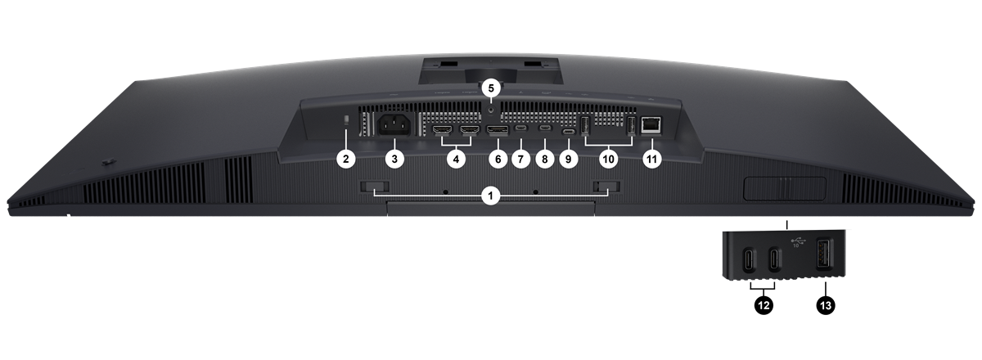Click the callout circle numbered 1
[x=490, y=195]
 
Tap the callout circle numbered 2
[x=346, y=159]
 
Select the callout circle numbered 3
[x=394, y=159]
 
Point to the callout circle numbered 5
[x=490, y=88]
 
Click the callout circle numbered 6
[x=498, y=159]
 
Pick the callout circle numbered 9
[x=569, y=159]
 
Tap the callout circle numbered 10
[x=609, y=159]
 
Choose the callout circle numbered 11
[x=652, y=159]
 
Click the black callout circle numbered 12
[x=764, y=304]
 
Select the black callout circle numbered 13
[x=826, y=304]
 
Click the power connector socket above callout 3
[x=394, y=125]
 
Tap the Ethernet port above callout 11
[x=651, y=125]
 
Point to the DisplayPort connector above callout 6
[x=498, y=130]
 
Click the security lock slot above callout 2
[x=346, y=120]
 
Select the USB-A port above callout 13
[x=825, y=259]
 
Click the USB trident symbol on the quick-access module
[x=799, y=241]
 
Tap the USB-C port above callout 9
[x=569, y=132]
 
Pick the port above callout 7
[x=520, y=128]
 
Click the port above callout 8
[x=545, y=128]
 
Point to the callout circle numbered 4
[x=456, y=159]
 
